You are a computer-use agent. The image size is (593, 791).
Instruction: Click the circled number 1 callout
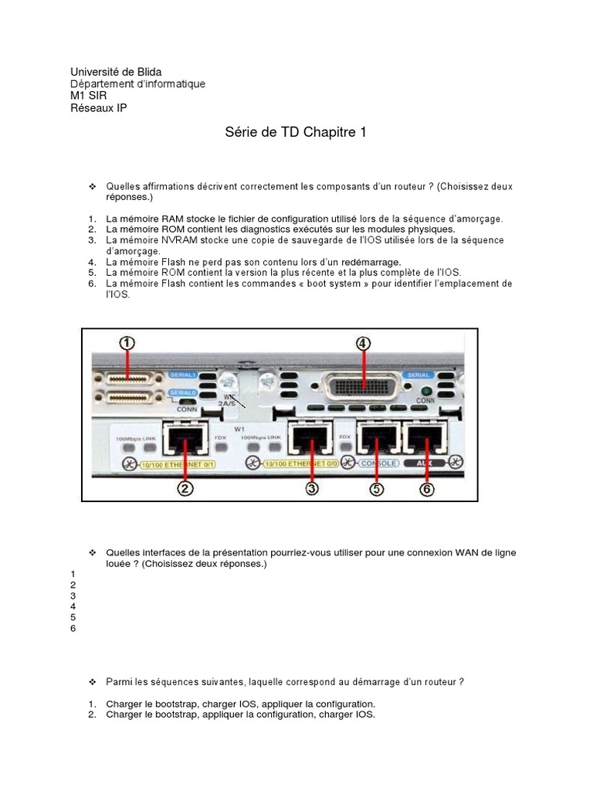127,343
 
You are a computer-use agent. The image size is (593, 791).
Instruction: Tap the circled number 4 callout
362,343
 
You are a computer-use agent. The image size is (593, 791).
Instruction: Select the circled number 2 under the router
185,487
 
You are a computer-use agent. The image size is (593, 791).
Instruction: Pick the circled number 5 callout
376,487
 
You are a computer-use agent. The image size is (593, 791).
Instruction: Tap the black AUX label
421,463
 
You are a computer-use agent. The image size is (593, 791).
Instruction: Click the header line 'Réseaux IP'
99,107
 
